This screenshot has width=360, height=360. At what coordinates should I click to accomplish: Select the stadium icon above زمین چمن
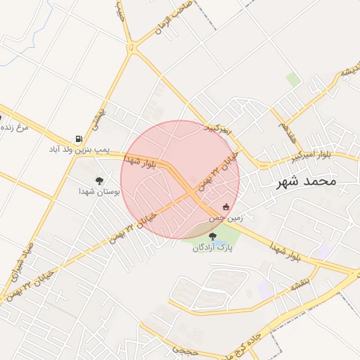pyautogui.click(x=226, y=207)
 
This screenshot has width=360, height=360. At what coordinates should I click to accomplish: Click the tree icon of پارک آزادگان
pyautogui.click(x=212, y=237)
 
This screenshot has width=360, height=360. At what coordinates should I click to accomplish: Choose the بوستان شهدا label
pyautogui.click(x=100, y=191)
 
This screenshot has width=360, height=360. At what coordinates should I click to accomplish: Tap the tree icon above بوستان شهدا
pyautogui.click(x=99, y=180)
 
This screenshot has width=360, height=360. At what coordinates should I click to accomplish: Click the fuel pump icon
pyautogui.click(x=78, y=139)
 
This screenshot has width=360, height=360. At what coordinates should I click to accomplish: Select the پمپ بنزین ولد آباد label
pyautogui.click(x=80, y=150)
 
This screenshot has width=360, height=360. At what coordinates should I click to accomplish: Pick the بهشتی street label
pyautogui.click(x=101, y=113)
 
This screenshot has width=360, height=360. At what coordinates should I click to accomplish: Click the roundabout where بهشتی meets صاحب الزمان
pyautogui.click(x=134, y=49)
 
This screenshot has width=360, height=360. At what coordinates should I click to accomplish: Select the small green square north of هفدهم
pyautogui.click(x=293, y=79)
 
